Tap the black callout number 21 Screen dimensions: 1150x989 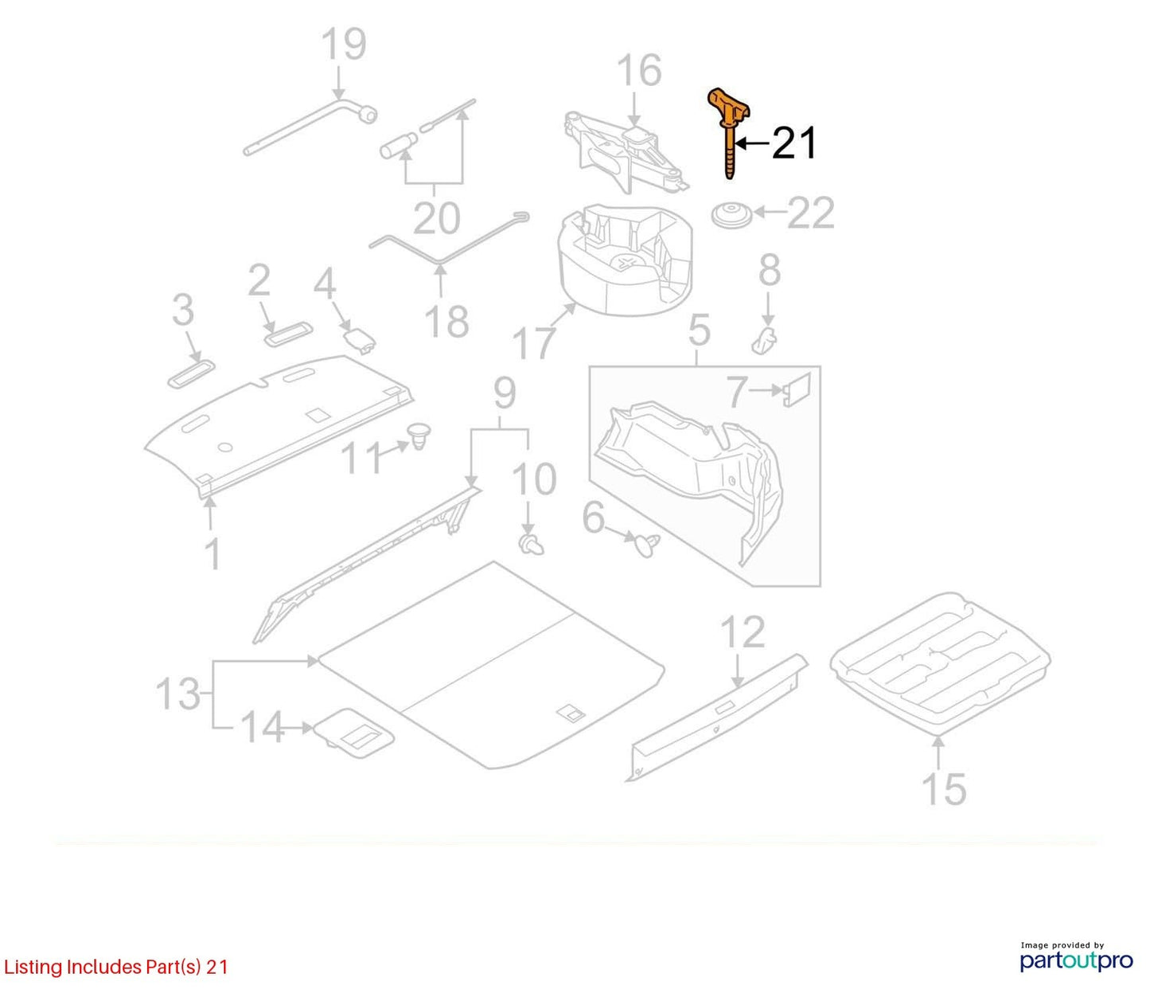pyautogui.click(x=794, y=143)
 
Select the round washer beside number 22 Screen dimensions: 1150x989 pyautogui.click(x=732, y=214)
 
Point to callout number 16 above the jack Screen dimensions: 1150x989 pyautogui.click(x=639, y=71)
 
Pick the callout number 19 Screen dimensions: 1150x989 pyautogui.click(x=345, y=44)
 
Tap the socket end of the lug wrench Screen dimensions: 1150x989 pyautogui.click(x=367, y=115)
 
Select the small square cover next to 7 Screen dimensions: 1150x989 pyautogui.click(x=797, y=389)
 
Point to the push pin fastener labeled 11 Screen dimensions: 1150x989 pyautogui.click(x=419, y=436)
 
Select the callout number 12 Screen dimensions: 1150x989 pyautogui.click(x=743, y=632)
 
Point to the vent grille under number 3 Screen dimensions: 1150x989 pyautogui.click(x=191, y=373)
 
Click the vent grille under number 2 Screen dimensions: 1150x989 pyautogui.click(x=288, y=334)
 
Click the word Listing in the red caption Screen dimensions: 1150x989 pyautogui.click(x=33, y=967)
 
